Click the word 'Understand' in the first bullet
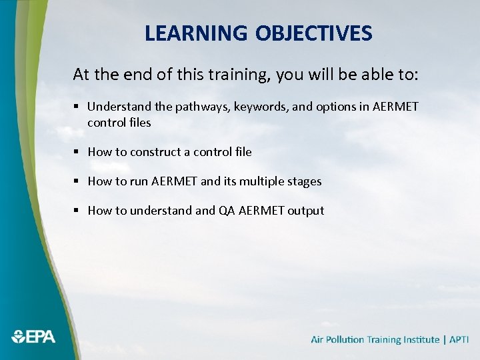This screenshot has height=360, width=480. [115, 107]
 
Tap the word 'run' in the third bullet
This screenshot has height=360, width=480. [139, 181]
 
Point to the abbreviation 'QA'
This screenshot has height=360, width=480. [226, 211]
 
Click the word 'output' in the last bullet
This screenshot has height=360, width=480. [306, 211]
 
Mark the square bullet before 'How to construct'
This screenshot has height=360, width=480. [77, 152]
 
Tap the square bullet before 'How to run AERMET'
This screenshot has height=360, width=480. [77, 181]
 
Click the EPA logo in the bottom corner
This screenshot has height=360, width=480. [33, 337]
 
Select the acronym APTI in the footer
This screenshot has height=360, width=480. [459, 339]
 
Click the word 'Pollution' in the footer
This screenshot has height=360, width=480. [345, 339]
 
